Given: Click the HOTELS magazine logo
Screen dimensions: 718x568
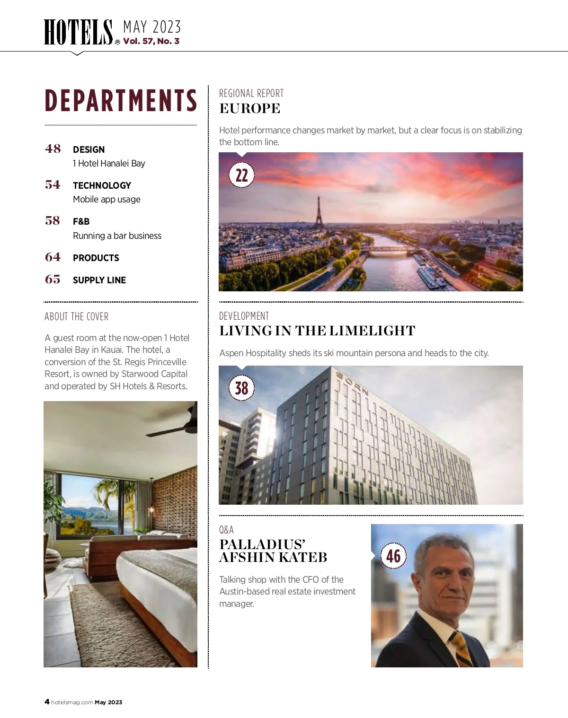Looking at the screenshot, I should coord(79,32).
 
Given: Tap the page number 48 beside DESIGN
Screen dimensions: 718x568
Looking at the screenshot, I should coord(53,149).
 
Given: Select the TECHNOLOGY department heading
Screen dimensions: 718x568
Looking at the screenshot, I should coord(102,185).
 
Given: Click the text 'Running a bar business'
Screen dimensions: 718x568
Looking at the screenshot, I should coord(117,236).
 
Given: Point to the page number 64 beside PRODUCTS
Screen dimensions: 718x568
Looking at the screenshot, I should coord(53,257).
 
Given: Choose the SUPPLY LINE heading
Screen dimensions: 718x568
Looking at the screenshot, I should coord(99,280).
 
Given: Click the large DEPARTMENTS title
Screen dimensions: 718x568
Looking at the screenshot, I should coord(121,100).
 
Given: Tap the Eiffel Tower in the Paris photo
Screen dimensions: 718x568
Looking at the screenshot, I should coord(319,210).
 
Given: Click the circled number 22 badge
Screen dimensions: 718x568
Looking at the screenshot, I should coord(241,175).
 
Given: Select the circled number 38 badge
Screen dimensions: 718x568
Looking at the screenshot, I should coord(241,388).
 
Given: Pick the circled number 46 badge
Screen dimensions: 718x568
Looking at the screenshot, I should coord(393,556).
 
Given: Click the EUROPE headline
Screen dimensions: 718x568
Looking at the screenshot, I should coord(250,108).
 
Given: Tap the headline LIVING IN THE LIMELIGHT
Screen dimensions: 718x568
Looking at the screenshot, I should coord(317,331).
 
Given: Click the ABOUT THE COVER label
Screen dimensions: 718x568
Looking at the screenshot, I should coord(77,316).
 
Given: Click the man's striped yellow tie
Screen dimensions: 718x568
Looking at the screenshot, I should coord(461,648).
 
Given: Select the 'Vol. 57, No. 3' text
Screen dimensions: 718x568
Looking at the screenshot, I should coord(151,41).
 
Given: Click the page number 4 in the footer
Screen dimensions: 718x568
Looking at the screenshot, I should coord(47,702).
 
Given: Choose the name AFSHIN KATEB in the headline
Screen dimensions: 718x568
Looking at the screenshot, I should coord(273,557).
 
